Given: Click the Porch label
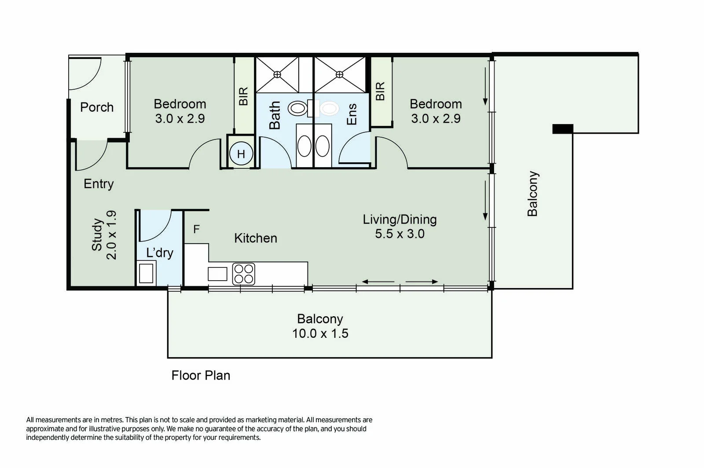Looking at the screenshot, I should click(97, 107).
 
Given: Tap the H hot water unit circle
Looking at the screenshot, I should click(241, 154).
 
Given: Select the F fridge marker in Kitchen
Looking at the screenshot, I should click(197, 229).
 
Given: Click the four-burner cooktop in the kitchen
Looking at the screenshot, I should click(243, 274).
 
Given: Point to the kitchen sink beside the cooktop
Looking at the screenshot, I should click(217, 274).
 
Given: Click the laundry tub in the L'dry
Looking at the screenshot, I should click(146, 273).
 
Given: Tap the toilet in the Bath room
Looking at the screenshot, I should click(298, 108).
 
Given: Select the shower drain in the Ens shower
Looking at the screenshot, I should click(339, 75).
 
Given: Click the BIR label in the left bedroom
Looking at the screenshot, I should click(243, 96).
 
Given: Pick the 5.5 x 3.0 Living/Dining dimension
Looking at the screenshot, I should click(400, 234).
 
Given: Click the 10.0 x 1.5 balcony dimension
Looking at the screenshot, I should click(320, 333).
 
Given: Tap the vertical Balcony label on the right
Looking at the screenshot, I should click(532, 194).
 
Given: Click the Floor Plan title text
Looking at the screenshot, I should click(201, 375).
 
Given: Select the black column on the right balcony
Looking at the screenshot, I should click(563, 129).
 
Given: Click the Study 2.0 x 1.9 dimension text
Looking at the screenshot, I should click(112, 235).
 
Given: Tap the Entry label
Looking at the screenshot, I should click(99, 184).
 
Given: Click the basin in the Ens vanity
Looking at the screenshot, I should click(323, 146).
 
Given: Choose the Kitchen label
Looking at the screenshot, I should click(256, 238).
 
